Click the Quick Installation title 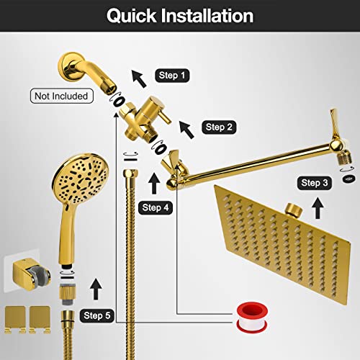point(180,16)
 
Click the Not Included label point(60,95)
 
